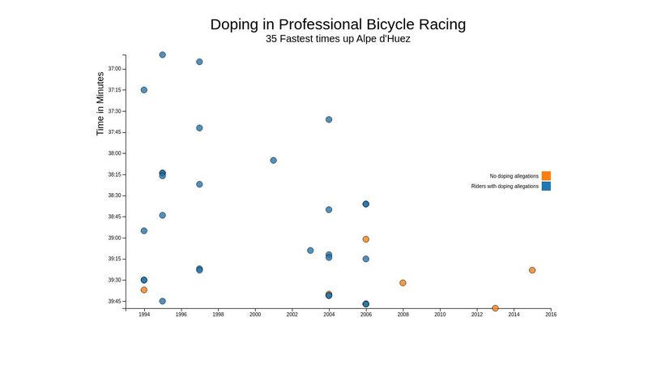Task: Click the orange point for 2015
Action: (x=532, y=270)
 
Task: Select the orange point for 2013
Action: (x=495, y=308)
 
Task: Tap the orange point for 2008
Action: (x=403, y=283)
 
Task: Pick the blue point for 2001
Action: (x=273, y=161)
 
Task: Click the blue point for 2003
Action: (x=310, y=251)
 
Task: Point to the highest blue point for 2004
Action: (x=329, y=119)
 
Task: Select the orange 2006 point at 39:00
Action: (x=366, y=239)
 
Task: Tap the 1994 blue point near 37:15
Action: (x=144, y=90)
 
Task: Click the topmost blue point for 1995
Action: (x=163, y=54)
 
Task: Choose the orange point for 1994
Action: (x=144, y=290)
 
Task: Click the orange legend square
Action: (x=546, y=176)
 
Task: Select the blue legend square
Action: (x=546, y=187)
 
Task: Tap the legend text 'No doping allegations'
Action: (x=514, y=176)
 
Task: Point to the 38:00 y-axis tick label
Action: (x=114, y=153)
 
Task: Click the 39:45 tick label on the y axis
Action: (x=114, y=302)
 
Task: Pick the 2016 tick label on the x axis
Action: (x=551, y=315)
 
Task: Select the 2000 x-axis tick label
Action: (x=255, y=315)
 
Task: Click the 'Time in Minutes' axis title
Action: (x=100, y=103)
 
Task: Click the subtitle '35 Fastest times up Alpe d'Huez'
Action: (x=338, y=39)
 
